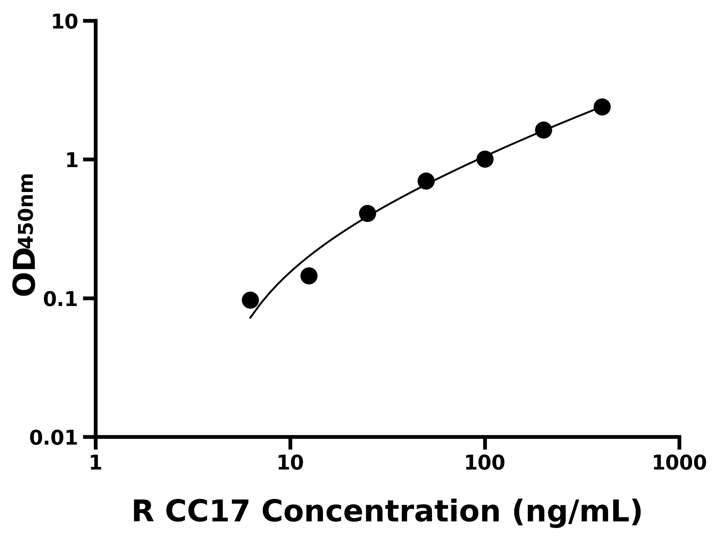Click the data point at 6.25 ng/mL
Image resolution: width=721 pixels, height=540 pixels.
[x=250, y=300]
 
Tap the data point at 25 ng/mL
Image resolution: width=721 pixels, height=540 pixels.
[x=367, y=214]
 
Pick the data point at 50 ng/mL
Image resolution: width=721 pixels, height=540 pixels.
[x=426, y=181]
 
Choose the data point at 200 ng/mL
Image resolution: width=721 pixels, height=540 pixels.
[x=543, y=130]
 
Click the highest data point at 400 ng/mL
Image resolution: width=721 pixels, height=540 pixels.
[x=602, y=107]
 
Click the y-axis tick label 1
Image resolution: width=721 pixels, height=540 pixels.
[x=72, y=161]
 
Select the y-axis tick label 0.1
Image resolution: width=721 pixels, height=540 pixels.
[x=61, y=299]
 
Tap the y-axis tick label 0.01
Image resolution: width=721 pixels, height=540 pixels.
[x=54, y=438]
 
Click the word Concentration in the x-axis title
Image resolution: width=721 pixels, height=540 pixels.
[x=381, y=512]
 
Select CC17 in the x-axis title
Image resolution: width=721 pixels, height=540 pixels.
[x=207, y=512]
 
